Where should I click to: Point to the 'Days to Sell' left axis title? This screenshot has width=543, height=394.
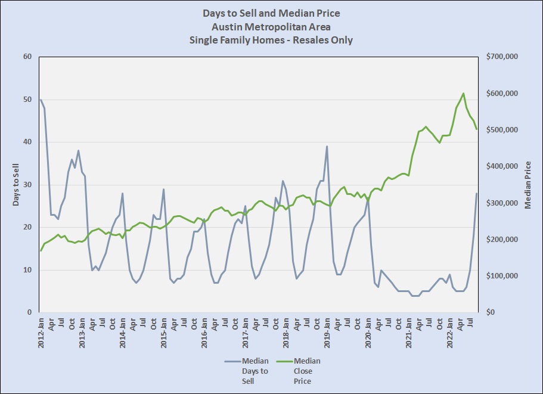point(16,184)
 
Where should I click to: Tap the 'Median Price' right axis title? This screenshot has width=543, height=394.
point(528,185)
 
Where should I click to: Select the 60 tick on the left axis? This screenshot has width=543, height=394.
point(27,57)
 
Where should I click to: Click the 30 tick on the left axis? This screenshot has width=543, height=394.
point(27,185)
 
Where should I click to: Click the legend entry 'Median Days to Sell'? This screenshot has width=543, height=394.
point(255,371)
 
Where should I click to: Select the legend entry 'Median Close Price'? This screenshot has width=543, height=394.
point(308,371)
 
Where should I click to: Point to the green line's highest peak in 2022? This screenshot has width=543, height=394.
point(463,93)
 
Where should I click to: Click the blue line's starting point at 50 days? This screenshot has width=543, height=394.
point(41,100)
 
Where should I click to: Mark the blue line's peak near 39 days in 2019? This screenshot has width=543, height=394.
point(327,146)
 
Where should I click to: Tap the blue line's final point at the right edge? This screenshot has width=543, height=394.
point(477,193)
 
